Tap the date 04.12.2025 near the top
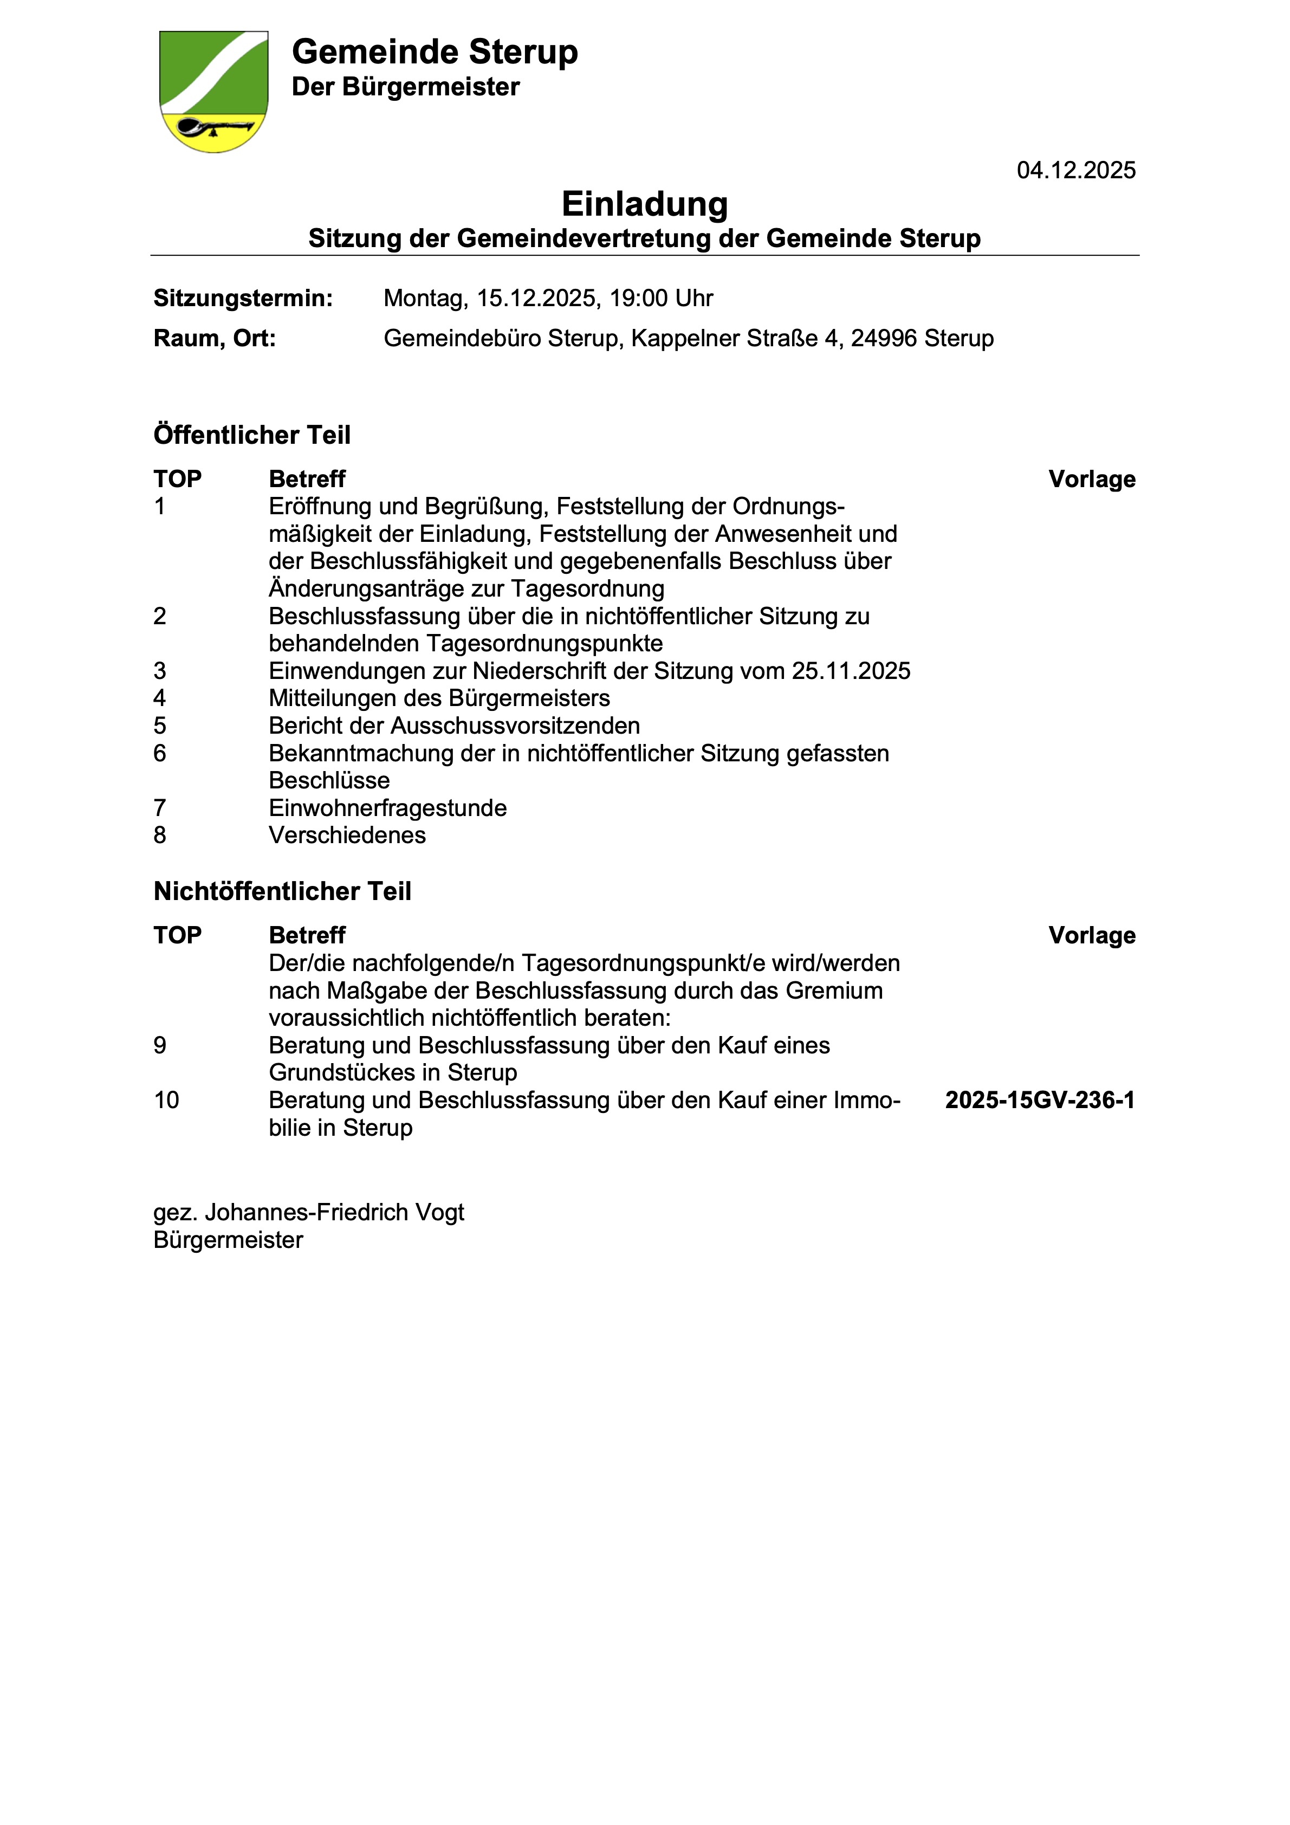pos(1075,170)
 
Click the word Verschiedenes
pos(347,836)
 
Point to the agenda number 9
pos(160,1045)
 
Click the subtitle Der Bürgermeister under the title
pos(405,87)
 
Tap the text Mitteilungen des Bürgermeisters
pos(439,698)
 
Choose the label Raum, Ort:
pos(215,339)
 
